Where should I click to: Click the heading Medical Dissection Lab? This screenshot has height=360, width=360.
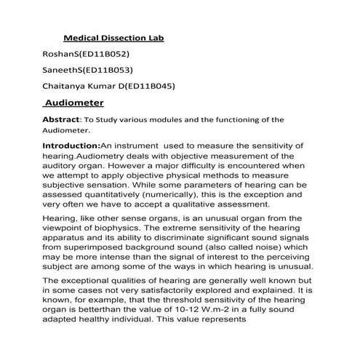[x=119, y=36]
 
